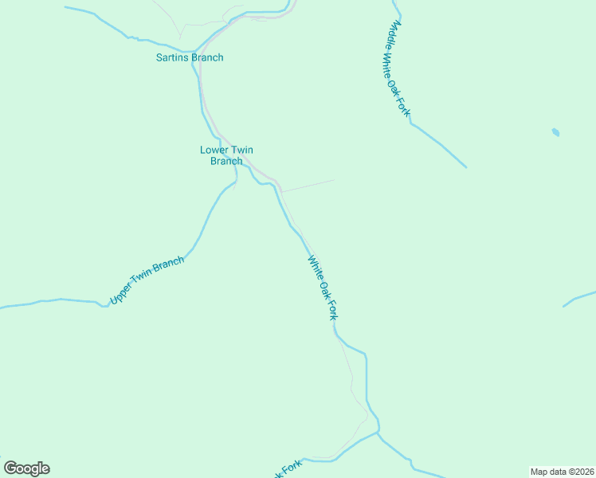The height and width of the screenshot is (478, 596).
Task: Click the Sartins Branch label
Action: pos(190,57)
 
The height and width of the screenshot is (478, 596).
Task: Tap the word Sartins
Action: pos(173,57)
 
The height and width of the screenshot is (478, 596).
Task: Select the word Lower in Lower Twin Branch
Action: pos(214,150)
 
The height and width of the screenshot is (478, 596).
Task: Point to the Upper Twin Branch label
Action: pos(147,280)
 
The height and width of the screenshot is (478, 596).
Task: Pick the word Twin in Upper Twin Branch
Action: pos(142,282)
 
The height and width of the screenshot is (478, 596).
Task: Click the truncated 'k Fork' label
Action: pos(287,470)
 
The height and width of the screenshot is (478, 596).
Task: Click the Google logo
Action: pos(27,468)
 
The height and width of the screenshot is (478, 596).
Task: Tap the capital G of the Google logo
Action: pos(11,468)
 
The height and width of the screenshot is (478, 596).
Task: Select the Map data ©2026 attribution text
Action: pos(561,471)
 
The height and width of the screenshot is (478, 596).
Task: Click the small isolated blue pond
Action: pos(555,132)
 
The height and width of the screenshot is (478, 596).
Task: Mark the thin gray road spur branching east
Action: pos(308,186)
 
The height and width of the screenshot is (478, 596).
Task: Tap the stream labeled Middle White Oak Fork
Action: pos(438,143)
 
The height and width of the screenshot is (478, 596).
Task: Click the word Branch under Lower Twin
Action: pos(226,161)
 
